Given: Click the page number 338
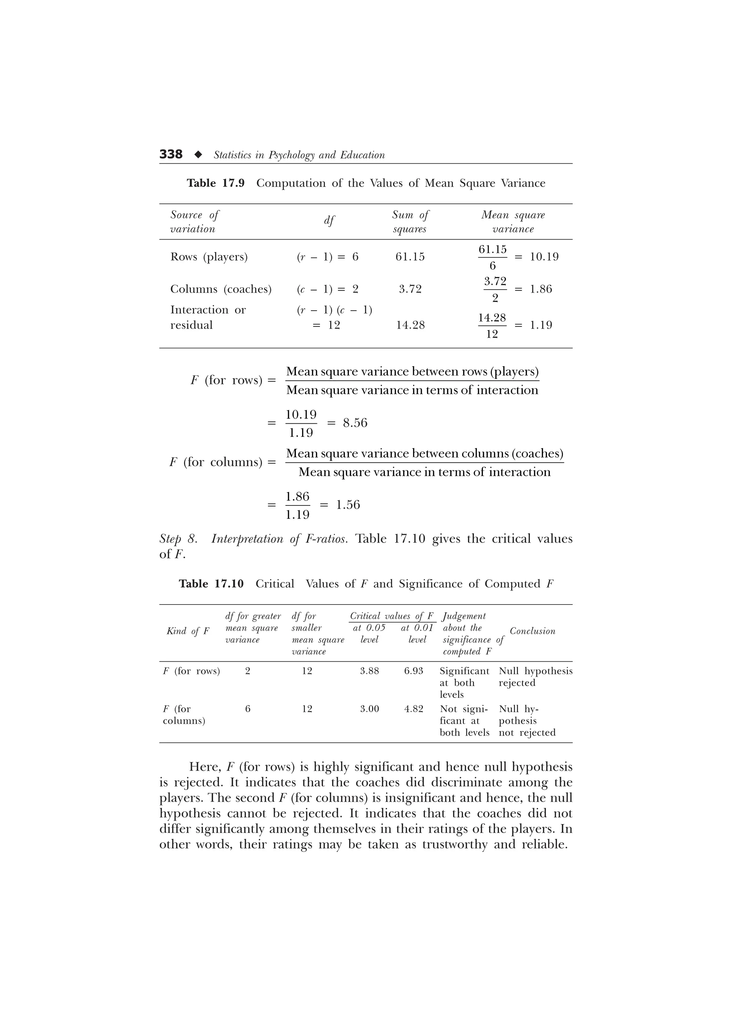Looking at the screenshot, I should point(171,155).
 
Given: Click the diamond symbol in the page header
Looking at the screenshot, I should point(198,155).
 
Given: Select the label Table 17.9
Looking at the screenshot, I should point(216,183).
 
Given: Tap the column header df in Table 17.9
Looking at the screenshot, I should point(329,221).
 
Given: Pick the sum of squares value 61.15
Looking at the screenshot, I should point(410,257).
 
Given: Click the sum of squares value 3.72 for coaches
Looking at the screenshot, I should point(410,289).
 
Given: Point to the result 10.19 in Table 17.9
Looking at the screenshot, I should point(544,257).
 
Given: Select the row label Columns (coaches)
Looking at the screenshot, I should point(221,289).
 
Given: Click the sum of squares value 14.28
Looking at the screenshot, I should point(410,325).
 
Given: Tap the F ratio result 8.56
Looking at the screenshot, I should point(355,423).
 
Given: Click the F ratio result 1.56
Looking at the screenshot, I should point(348,504).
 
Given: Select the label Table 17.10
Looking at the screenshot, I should point(211,584).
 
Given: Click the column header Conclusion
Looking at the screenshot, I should point(532,631).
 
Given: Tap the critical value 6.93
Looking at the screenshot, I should point(414,671).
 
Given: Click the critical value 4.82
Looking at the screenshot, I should point(414,709).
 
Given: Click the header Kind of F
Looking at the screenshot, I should point(188,631).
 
